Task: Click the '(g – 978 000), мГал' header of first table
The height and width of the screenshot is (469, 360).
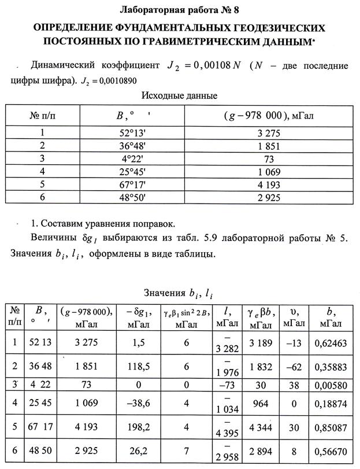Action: click(268, 116)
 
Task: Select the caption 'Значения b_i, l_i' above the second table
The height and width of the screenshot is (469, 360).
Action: click(179, 294)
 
